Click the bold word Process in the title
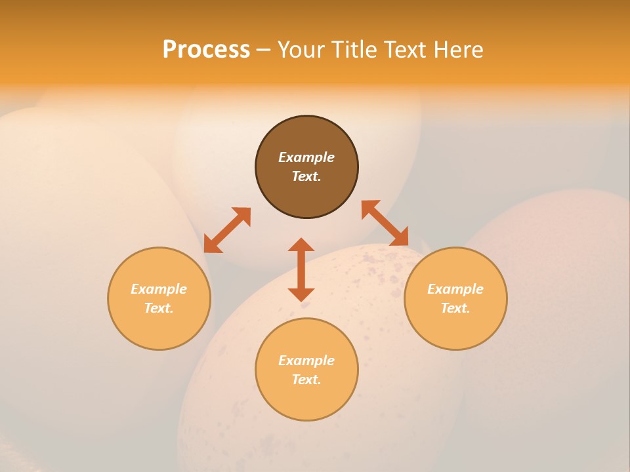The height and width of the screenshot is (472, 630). [206, 49]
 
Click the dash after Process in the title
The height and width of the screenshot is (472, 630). [263, 50]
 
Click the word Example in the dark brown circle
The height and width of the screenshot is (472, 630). [306, 157]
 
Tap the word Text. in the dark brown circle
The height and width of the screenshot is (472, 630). [306, 176]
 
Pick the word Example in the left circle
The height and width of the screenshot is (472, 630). [159, 289]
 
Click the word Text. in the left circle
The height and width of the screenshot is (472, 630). [159, 308]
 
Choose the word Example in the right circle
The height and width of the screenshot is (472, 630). [455, 289]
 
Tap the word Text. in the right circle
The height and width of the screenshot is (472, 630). [455, 308]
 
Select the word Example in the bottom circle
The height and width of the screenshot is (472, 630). [306, 361]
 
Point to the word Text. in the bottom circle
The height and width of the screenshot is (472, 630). [306, 380]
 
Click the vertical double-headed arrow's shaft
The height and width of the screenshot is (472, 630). [301, 269]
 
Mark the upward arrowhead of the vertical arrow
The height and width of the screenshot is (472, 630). [301, 245]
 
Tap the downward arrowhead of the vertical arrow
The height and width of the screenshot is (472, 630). [301, 294]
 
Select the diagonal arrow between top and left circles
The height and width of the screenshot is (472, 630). [227, 230]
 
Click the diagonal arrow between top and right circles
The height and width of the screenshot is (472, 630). [385, 224]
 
